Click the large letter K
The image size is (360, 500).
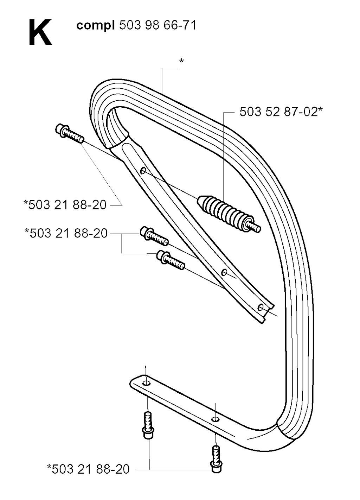click(x=40, y=32)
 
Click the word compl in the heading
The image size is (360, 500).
click(x=96, y=26)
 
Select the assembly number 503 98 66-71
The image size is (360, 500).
click(x=158, y=25)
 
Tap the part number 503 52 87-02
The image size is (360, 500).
click(x=278, y=112)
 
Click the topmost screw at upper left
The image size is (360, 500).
click(x=69, y=133)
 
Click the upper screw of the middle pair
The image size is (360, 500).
click(x=154, y=236)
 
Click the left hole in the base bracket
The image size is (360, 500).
click(x=146, y=384)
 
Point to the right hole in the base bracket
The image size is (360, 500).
click(x=215, y=419)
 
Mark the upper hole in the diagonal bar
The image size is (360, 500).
click(x=143, y=171)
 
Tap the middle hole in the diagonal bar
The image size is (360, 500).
click(x=224, y=273)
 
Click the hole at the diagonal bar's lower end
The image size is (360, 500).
click(x=260, y=308)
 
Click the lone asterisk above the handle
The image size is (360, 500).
click(x=181, y=61)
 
